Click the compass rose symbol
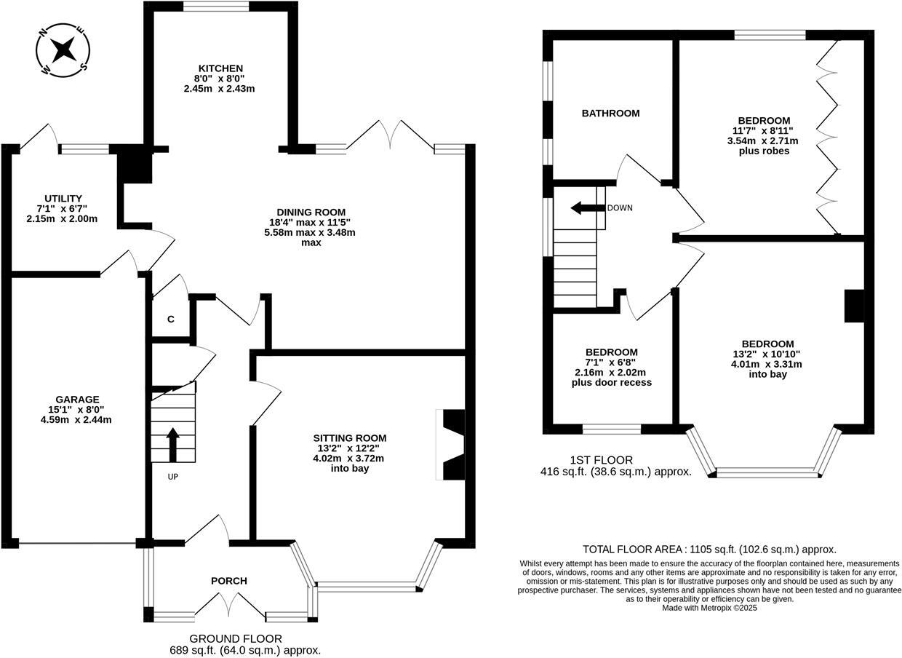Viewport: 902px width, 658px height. tap(63, 50)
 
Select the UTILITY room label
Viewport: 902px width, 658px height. tap(63, 199)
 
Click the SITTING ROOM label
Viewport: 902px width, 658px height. tap(349, 438)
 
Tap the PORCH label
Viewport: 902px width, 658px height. tap(228, 581)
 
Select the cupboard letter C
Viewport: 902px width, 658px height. tap(171, 319)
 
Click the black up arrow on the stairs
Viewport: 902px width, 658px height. tap(173, 444)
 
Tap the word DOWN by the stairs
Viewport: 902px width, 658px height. tap(620, 208)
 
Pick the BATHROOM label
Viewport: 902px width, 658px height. tap(610, 114)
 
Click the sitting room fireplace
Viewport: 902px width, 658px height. tap(452, 445)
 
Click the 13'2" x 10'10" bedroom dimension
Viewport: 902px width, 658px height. tap(767, 354)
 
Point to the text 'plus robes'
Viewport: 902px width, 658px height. tap(763, 151)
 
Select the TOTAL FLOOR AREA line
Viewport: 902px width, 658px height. tap(709, 550)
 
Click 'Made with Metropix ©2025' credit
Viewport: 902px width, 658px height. tap(709, 608)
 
